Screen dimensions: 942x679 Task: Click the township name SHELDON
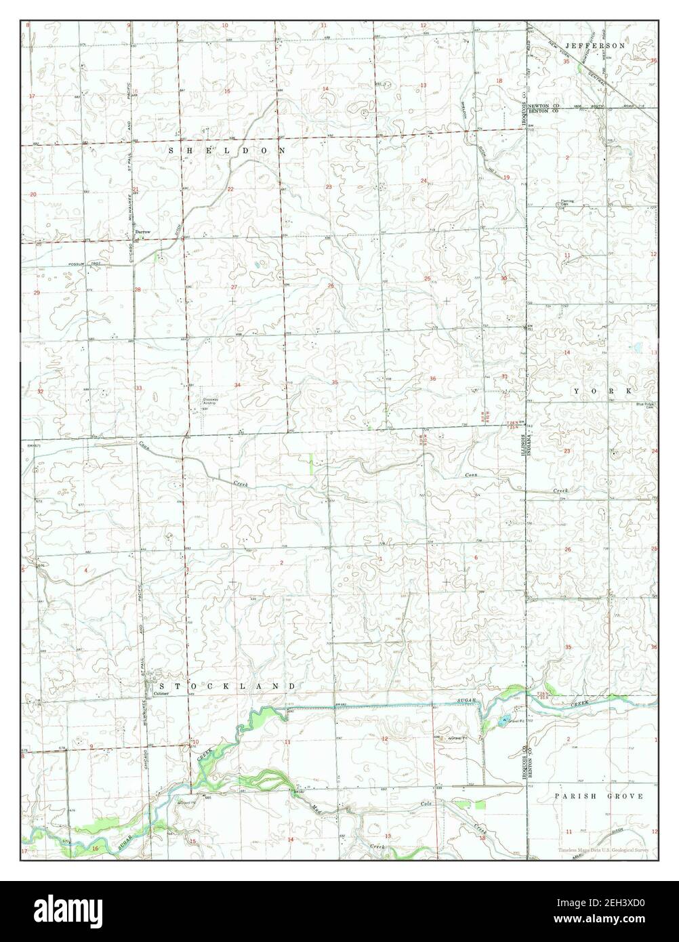pos(226,150)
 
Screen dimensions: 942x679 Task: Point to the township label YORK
pos(602,392)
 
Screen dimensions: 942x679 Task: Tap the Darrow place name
pos(142,232)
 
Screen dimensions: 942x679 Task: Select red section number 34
pos(237,385)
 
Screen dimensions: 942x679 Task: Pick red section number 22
pos(230,189)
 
